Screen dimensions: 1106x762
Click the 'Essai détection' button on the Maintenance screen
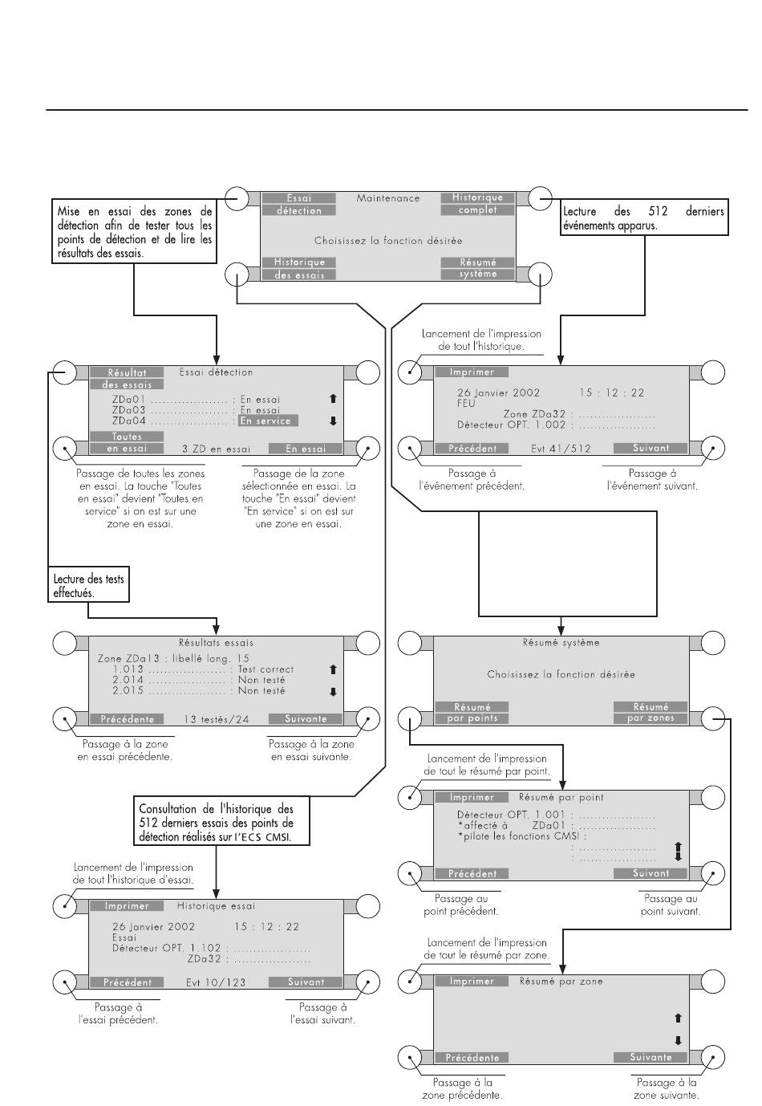[298, 204]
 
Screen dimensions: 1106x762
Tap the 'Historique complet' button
[477, 204]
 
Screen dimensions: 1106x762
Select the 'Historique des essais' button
[298, 268]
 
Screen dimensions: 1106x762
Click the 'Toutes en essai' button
[127, 443]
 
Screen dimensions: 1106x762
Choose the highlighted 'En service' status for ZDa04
[268, 421]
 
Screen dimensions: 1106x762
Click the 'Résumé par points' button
[472, 713]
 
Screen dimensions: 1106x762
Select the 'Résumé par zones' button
[651, 713]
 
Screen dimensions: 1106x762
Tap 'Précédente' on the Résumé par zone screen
[472, 1058]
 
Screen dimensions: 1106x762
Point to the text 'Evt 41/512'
[561, 449]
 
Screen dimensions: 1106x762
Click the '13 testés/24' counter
[217, 719]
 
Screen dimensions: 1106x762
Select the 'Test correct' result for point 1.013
[266, 669]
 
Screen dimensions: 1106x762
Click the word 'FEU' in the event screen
[466, 404]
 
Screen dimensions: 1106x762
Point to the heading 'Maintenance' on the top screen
[388, 197]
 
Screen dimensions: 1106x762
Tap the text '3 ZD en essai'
[217, 449]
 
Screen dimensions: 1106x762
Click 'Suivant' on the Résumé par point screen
[651, 873]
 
